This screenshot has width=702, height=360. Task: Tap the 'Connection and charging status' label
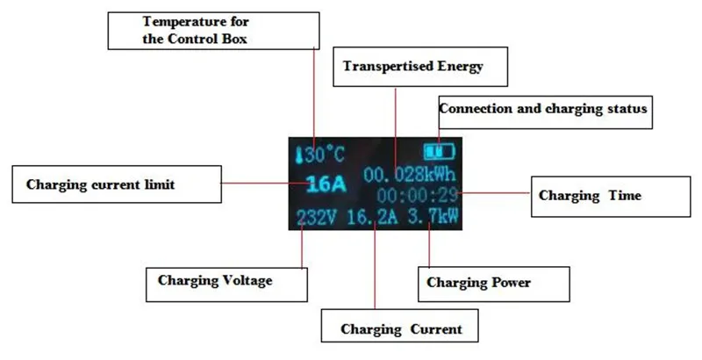(x=543, y=110)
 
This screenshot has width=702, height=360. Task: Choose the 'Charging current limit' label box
(x=114, y=184)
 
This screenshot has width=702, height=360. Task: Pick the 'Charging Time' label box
(x=601, y=195)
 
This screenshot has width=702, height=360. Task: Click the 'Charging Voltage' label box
(x=227, y=282)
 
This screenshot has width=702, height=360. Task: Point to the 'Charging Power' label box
(x=491, y=283)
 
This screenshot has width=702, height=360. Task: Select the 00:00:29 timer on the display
(x=414, y=193)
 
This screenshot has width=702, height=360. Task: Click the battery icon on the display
(x=445, y=151)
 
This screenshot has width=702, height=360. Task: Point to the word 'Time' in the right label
(x=624, y=195)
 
